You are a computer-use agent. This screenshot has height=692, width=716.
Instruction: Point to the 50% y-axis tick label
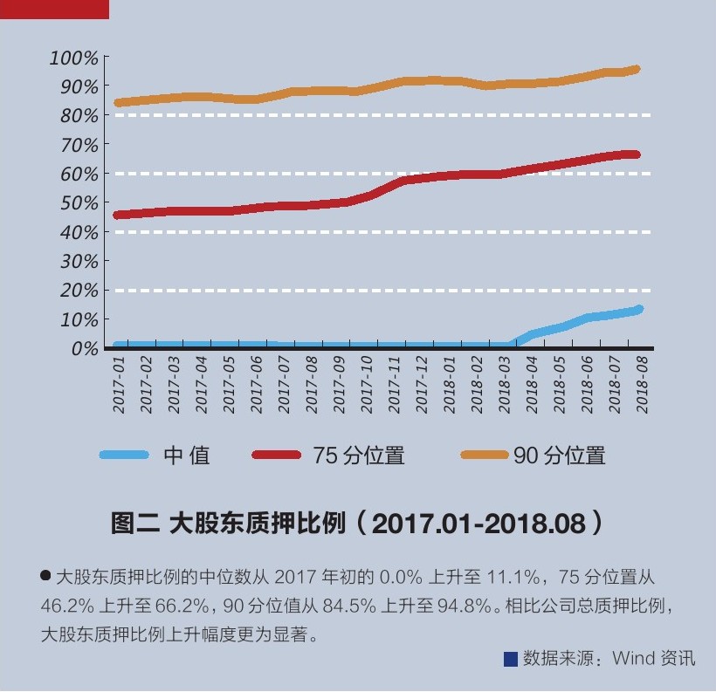[x=79, y=202]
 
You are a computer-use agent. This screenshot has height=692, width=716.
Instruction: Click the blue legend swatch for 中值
[x=126, y=455]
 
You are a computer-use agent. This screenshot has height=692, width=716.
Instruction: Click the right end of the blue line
[x=639, y=309]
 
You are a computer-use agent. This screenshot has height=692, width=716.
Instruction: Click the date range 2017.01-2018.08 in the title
[x=478, y=524]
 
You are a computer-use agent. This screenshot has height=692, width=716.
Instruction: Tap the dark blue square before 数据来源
[x=511, y=659]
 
